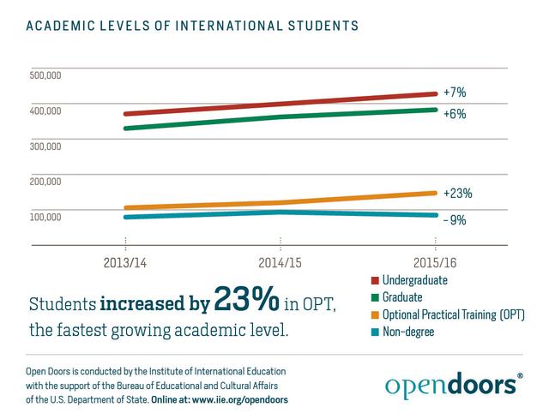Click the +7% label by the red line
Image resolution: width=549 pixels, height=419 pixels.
click(x=455, y=92)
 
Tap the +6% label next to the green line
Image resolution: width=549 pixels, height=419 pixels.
click(x=455, y=114)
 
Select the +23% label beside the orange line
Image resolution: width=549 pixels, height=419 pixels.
click(x=457, y=193)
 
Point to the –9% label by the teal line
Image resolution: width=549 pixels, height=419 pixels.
click(x=455, y=219)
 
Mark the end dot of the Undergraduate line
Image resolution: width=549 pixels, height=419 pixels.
click(x=435, y=94)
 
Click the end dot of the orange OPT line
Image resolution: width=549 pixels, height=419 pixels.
click(x=435, y=193)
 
